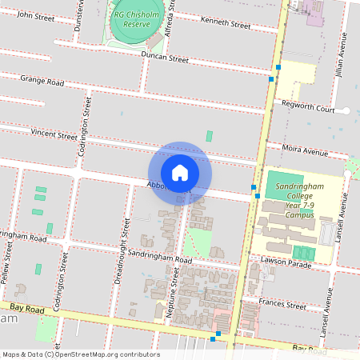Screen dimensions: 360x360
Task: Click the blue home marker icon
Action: coord(180,172)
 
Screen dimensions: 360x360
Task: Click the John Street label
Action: coord(35,15)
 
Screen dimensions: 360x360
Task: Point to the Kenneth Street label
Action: coord(226,24)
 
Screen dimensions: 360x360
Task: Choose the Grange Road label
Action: coord(42,81)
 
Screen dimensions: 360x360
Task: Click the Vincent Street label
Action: coord(54,134)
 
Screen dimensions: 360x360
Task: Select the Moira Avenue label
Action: coord(306,152)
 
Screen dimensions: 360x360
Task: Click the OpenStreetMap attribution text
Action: coord(81,354)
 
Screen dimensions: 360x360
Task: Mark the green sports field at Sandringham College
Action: coord(285,181)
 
